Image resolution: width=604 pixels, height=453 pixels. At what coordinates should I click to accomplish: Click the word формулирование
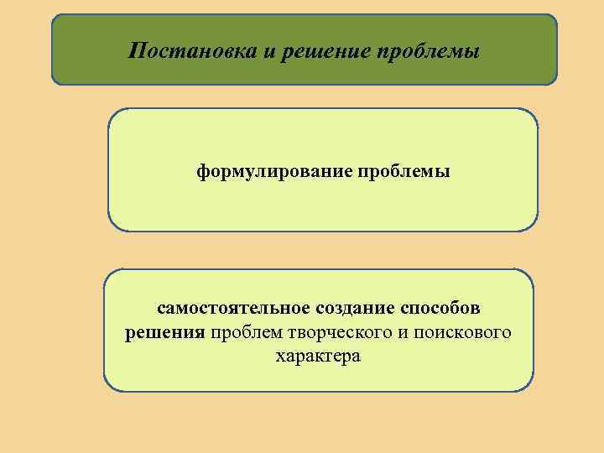click(275, 172)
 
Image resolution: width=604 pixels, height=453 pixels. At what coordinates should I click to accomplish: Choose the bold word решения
click(165, 333)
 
